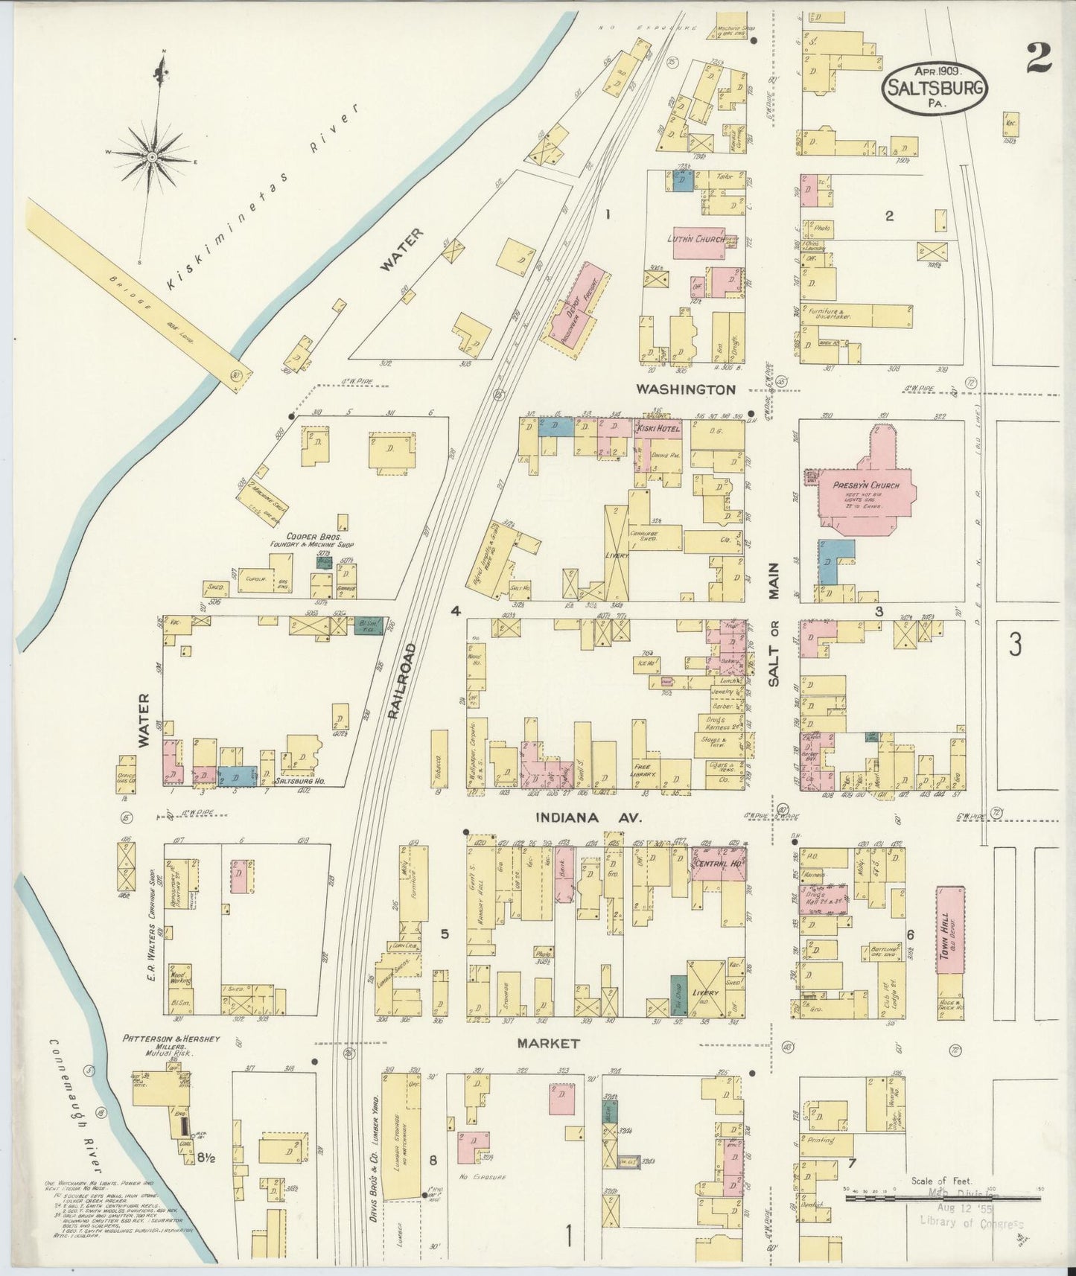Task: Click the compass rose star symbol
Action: click(x=152, y=157)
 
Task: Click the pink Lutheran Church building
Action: click(x=700, y=243)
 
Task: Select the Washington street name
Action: click(x=686, y=389)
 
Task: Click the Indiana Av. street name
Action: click(x=588, y=817)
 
